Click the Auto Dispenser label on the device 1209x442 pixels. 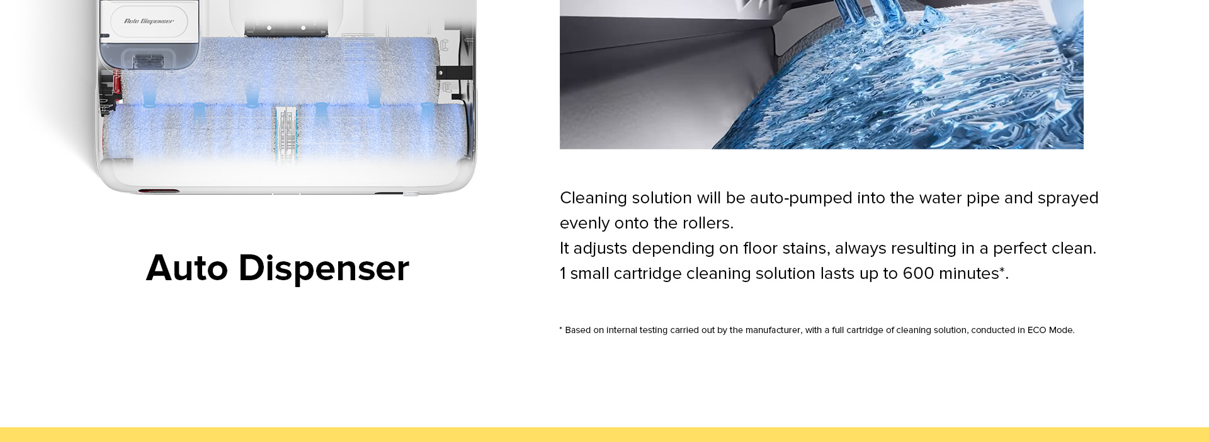tap(149, 21)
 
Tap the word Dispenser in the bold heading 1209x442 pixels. tap(324, 269)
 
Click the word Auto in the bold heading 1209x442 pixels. tap(187, 268)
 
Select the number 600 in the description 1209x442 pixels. tap(918, 273)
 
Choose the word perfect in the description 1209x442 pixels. tap(1016, 249)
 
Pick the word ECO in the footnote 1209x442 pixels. tap(1036, 330)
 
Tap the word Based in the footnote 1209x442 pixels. tap(577, 330)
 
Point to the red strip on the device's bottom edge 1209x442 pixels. tap(159, 191)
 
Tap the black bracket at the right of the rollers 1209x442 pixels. tap(455, 73)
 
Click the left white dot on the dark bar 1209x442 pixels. tap(270, 28)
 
